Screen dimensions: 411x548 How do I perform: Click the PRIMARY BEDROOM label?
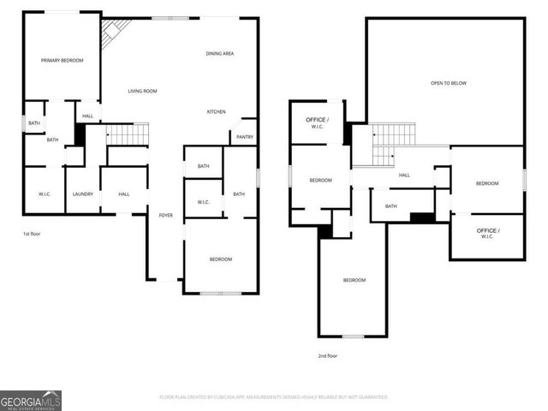click(63, 60)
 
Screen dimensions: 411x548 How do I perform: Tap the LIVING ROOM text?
click(142, 91)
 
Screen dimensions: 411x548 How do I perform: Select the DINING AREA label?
click(220, 54)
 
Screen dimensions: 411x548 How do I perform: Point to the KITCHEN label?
click(217, 112)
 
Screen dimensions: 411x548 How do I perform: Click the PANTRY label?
click(244, 137)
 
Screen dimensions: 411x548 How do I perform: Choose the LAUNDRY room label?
click(83, 194)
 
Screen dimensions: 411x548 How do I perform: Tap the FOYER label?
click(166, 215)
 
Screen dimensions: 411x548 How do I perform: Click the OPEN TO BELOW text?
click(448, 83)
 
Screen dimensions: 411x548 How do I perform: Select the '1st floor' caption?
click(32, 233)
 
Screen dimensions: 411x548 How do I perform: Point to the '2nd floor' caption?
click(327, 355)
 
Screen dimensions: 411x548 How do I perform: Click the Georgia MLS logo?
click(31, 400)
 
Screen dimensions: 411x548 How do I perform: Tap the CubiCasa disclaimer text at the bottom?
click(274, 397)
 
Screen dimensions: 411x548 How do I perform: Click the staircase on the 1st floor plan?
click(127, 134)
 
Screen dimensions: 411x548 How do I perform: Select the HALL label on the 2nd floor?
click(404, 175)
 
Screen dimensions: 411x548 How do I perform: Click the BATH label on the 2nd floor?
click(390, 206)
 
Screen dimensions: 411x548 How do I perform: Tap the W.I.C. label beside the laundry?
click(45, 194)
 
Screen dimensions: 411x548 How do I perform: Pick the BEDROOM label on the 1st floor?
click(221, 259)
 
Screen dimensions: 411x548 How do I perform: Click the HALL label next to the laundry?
click(124, 194)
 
